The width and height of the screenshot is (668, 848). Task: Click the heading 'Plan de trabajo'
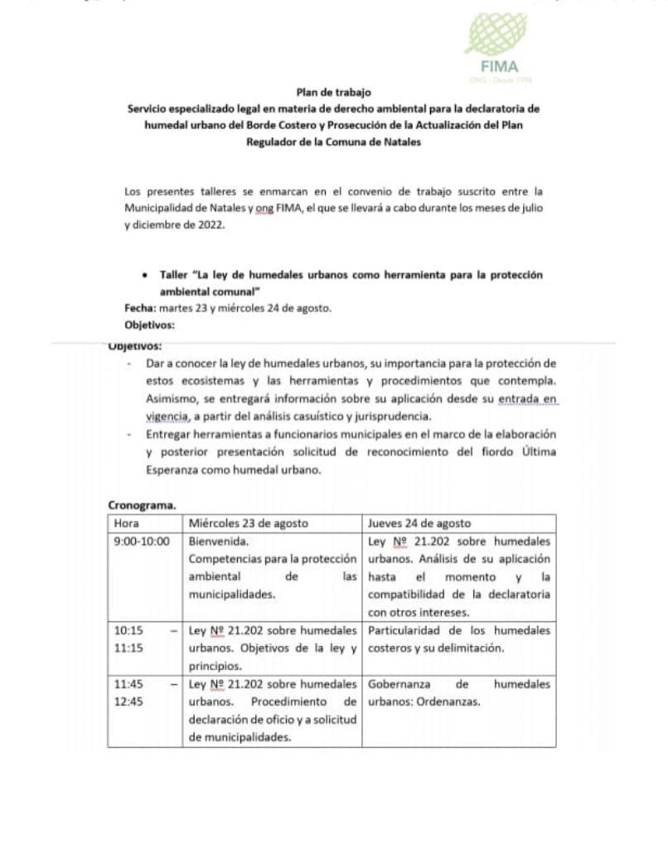click(x=333, y=93)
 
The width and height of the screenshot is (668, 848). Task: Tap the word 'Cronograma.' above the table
click(x=141, y=504)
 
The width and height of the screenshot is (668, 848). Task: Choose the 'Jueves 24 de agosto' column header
click(x=419, y=523)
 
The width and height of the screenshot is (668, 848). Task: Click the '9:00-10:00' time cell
click(x=141, y=541)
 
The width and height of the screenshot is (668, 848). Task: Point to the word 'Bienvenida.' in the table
click(x=219, y=541)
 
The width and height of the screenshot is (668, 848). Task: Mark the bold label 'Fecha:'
click(x=140, y=308)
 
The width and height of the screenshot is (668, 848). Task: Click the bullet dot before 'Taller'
click(x=146, y=275)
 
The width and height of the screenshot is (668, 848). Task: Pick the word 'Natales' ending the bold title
click(x=401, y=142)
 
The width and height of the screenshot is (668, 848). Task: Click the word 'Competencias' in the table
click(x=229, y=558)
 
